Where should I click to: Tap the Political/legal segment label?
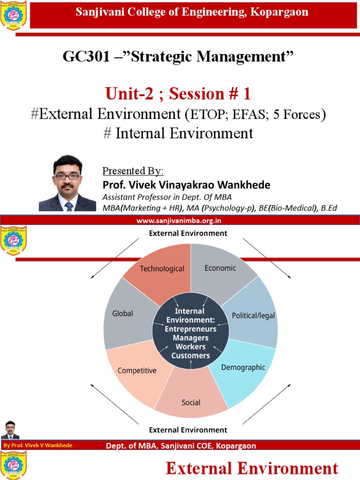(254, 315)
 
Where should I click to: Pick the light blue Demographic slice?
(243, 367)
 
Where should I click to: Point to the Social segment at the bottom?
(191, 402)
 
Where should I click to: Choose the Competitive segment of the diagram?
(137, 370)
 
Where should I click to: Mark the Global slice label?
(123, 314)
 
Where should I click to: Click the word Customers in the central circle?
(190, 356)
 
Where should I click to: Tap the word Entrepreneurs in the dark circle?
(190, 329)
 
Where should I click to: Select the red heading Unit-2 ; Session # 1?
(178, 94)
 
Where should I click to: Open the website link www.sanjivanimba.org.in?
(179, 220)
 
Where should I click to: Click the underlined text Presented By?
(133, 171)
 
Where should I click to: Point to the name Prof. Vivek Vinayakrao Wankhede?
(186, 185)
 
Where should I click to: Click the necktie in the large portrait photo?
(69, 205)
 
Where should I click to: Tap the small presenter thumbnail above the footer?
(10, 430)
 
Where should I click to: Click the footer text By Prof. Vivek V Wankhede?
(37, 445)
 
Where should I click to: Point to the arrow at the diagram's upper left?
(115, 258)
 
